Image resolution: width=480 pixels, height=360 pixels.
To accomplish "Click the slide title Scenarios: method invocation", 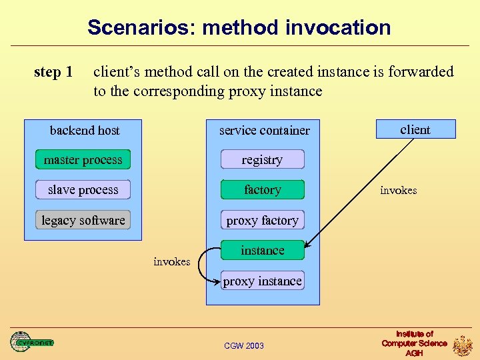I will [x=239, y=27].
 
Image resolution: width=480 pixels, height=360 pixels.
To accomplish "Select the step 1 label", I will [x=53, y=72].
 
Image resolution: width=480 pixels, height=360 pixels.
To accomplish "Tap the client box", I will [x=415, y=129].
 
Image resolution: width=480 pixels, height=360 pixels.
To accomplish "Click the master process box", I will [x=83, y=159].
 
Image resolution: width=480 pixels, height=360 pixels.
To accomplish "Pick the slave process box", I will [x=83, y=190].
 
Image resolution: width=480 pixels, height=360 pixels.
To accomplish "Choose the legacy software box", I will [x=83, y=220].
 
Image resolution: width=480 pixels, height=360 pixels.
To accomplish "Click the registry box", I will [x=262, y=159].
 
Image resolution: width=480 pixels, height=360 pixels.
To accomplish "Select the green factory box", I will [x=262, y=190].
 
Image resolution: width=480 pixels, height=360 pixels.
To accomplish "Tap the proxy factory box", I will [x=262, y=220].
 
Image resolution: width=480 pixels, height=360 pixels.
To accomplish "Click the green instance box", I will [x=262, y=251].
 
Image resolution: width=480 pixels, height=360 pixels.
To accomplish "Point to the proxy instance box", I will [x=262, y=281].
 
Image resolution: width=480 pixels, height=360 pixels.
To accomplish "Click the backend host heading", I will [x=85, y=130].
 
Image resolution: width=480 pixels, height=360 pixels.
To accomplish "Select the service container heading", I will [x=265, y=130].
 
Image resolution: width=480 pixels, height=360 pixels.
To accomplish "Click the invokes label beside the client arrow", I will [x=398, y=191].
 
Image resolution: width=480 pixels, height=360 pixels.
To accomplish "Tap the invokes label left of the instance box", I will [x=171, y=261].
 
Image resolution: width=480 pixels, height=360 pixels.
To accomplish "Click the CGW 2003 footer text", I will [x=244, y=345].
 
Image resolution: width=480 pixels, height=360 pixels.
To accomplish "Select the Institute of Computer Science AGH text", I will [x=414, y=343].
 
